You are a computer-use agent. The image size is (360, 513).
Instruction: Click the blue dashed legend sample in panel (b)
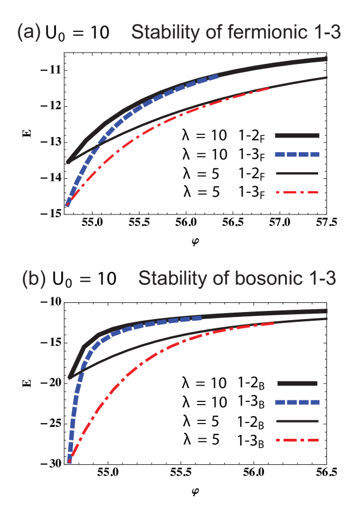(297, 402)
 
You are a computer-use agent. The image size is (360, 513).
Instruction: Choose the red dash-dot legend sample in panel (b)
(297, 439)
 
